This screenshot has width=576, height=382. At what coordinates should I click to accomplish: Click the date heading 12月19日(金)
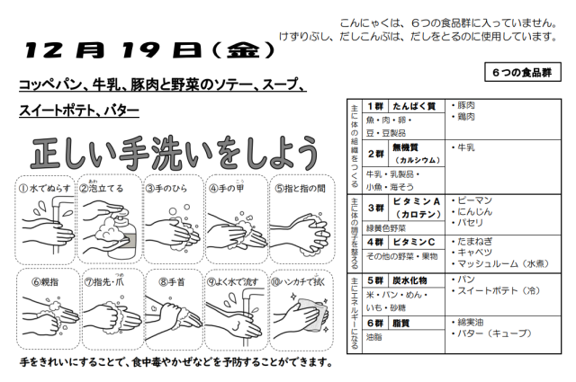click(149, 50)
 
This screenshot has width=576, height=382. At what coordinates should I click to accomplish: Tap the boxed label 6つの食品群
click(522, 72)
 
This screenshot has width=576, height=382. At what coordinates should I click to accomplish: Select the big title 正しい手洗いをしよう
click(174, 154)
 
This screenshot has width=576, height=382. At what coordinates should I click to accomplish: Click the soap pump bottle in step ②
click(124, 232)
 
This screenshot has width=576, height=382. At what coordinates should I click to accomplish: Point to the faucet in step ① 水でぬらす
click(58, 220)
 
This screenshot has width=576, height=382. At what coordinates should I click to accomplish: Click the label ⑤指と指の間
click(300, 189)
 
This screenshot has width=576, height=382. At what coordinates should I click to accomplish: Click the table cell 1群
click(375, 106)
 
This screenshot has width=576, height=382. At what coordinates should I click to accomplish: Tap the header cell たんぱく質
click(414, 106)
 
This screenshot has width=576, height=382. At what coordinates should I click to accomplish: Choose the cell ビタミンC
click(414, 242)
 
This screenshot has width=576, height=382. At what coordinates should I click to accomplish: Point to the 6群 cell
click(375, 324)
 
